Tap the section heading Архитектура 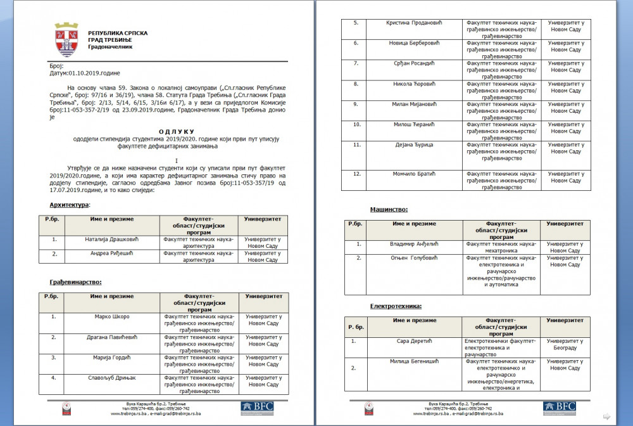70,205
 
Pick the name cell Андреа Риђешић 112,252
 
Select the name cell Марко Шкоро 113,316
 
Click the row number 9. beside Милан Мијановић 356,104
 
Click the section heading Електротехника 396,306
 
